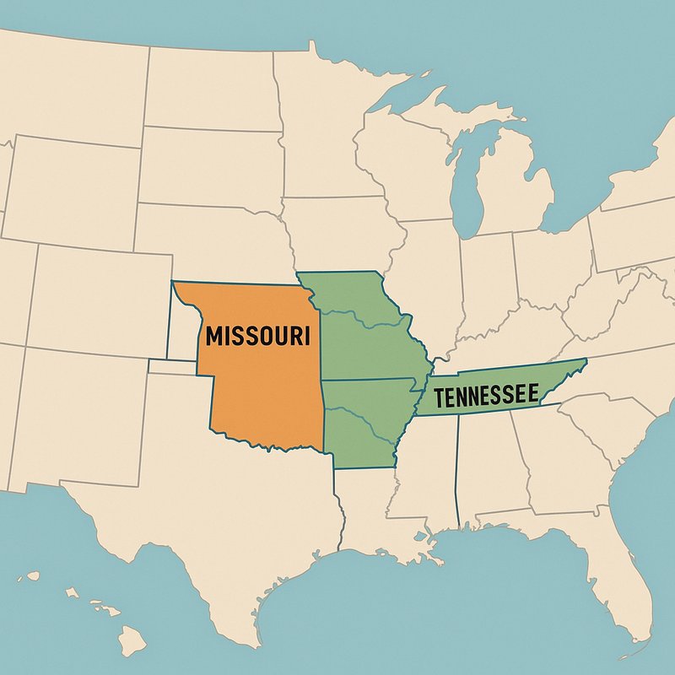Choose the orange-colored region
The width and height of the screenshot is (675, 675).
tap(262, 388)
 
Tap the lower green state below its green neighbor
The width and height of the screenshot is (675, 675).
tap(363, 422)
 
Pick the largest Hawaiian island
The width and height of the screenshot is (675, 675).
tap(132, 642)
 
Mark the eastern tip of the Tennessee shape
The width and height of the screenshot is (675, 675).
tap(585, 361)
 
